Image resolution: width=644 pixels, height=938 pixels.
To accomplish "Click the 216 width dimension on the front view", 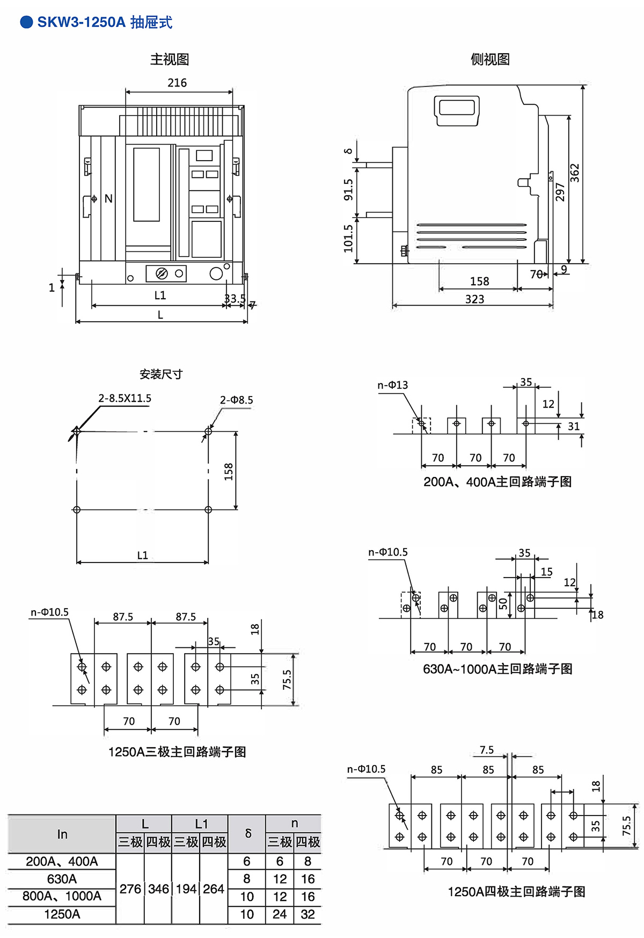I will point(177,83).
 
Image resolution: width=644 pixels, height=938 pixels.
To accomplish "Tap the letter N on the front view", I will point(108,199).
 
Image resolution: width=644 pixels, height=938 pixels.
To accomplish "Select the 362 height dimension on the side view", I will point(575,173).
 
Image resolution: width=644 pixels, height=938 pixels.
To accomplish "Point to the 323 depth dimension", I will point(474,299).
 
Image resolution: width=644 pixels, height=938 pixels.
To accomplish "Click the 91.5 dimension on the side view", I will point(349,190).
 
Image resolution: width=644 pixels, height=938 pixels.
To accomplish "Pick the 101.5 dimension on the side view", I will point(349,238).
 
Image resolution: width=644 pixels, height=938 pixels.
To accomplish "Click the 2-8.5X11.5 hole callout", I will point(125,398).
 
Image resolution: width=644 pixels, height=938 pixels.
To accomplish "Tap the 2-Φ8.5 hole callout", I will point(236,400).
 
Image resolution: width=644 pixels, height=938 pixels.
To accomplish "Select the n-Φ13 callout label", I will point(392,385).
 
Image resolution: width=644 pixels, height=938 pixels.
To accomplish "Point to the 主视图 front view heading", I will point(170,59).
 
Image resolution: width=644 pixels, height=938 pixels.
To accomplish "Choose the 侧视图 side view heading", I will point(490,59).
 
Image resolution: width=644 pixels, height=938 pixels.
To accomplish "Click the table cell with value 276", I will point(130,889).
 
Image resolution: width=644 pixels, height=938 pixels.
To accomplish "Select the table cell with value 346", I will point(158,889).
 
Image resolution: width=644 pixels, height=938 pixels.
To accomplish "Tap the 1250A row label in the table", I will point(62,914).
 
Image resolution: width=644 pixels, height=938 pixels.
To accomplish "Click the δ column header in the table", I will point(247,833).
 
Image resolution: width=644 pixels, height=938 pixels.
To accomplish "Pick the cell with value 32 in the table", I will point(308,914).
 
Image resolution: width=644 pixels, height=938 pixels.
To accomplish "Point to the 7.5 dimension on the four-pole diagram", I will point(487,750).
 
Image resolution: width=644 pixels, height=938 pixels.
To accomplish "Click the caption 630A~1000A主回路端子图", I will point(497,669).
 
